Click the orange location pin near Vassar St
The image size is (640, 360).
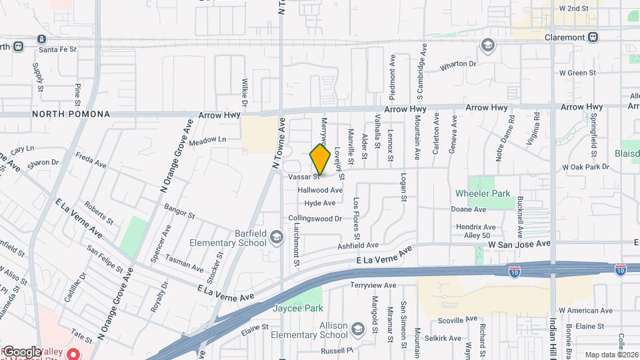(320, 159)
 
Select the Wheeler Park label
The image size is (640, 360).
(483, 194)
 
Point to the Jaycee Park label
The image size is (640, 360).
(297, 309)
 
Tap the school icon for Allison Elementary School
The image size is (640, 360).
(358, 329)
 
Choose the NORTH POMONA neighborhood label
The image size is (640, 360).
(70, 114)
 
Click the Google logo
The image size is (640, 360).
(21, 351)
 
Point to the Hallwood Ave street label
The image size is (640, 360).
(320, 190)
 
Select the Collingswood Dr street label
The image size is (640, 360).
(315, 218)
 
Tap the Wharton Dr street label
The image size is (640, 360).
(458, 65)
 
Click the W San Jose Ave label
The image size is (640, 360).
(519, 245)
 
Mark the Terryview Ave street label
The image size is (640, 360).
(373, 285)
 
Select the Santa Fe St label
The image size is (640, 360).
(58, 49)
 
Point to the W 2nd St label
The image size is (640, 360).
(574, 8)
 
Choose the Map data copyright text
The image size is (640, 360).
(611, 355)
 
